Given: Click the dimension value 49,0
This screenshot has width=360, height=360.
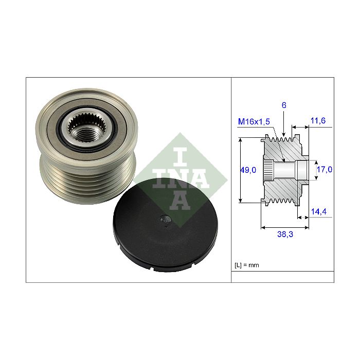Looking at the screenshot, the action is click(248, 170).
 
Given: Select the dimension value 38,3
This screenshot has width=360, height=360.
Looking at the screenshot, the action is click(285, 234).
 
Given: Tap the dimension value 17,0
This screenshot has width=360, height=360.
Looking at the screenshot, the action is click(325, 169).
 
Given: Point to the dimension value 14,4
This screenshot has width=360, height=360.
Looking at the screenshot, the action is click(319, 211).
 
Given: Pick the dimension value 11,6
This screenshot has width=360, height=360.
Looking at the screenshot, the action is click(318, 120).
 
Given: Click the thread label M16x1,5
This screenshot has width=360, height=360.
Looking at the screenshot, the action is click(254, 121).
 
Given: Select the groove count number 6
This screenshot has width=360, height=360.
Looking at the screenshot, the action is click(284, 105).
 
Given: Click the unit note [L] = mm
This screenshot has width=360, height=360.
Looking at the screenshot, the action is click(247, 265).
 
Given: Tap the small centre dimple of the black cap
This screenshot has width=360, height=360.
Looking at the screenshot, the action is click(166, 220).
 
